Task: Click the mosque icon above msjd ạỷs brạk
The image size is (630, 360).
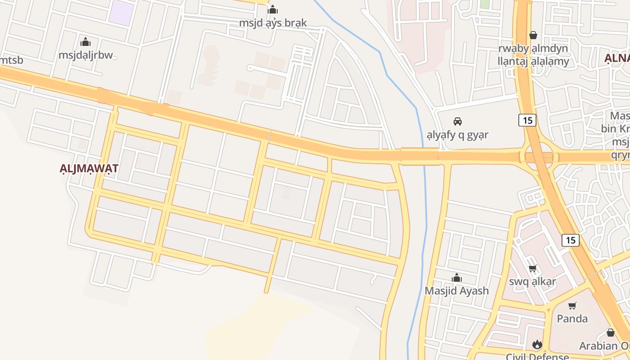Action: (273, 10)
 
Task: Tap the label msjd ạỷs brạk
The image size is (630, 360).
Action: (273, 23)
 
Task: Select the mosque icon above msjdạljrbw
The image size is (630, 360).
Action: (85, 42)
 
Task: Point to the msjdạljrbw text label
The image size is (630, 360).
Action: (85, 55)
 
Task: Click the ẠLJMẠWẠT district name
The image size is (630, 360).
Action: (89, 169)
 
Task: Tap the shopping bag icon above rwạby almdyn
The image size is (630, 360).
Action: (533, 35)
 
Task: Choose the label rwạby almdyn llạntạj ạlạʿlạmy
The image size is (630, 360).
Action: (534, 54)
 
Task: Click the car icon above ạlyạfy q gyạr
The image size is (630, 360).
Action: (458, 121)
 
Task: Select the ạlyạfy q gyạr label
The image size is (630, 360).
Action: (458, 135)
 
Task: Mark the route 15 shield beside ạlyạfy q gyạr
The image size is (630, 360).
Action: (527, 120)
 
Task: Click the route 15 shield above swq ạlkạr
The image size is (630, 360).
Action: (571, 240)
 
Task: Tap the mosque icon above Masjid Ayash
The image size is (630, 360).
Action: (457, 278)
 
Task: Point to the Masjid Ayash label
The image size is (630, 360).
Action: (457, 291)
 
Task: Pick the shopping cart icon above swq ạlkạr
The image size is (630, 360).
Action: (533, 269)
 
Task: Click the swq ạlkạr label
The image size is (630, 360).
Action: (533, 282)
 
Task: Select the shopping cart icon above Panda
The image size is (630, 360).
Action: (572, 306)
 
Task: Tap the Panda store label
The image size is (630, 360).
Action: (572, 319)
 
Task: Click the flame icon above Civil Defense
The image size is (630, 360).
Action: (537, 345)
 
